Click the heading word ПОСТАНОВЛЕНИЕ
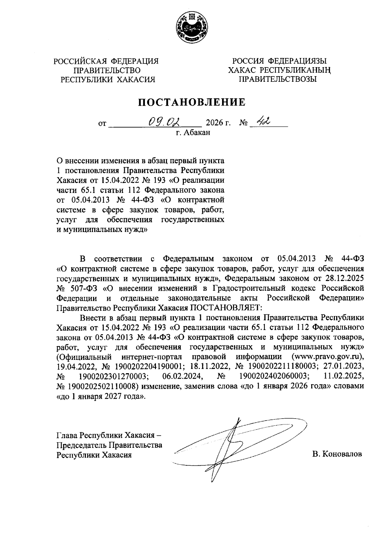[192, 102]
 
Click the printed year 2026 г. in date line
[218, 123]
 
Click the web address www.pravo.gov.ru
[327, 357]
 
